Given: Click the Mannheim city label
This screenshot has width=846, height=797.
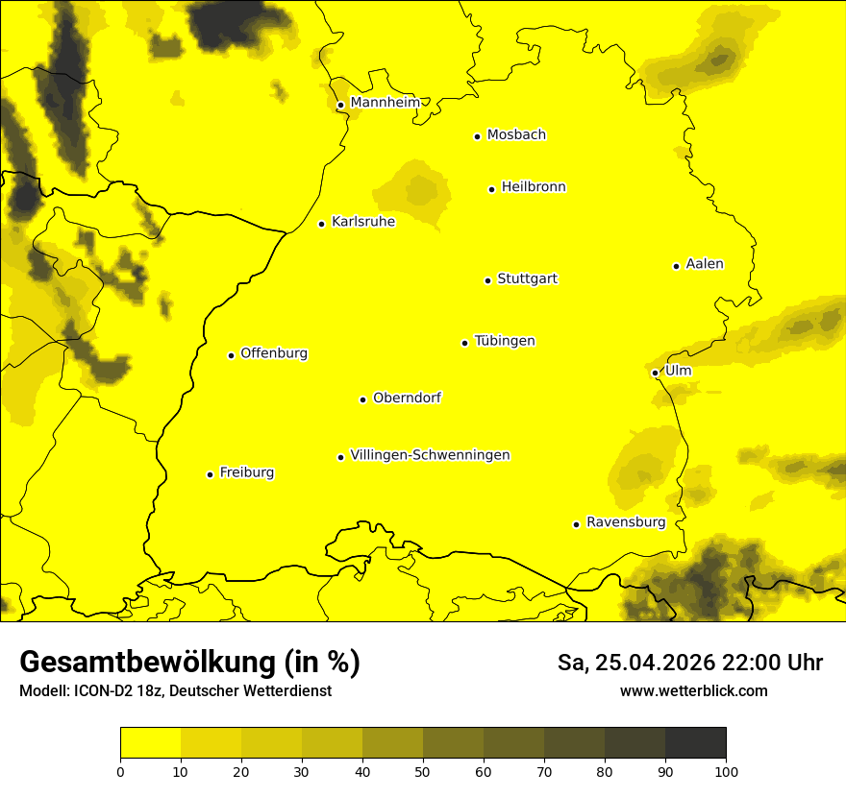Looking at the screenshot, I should pyautogui.click(x=385, y=103).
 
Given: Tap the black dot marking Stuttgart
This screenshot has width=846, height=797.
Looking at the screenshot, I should pyautogui.click(x=487, y=280).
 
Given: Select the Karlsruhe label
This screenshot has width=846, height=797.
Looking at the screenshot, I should pyautogui.click(x=362, y=222).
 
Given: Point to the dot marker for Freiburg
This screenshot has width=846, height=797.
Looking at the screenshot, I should pyautogui.click(x=210, y=474).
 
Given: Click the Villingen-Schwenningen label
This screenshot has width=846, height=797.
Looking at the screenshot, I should pyautogui.click(x=430, y=455).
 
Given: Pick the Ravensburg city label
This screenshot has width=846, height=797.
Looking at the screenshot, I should pyautogui.click(x=625, y=522).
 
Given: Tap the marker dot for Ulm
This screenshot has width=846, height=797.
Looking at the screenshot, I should pyautogui.click(x=655, y=373).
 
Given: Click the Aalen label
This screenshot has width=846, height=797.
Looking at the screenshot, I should pyautogui.click(x=704, y=264).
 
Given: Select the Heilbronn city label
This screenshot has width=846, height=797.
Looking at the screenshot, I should pyautogui.click(x=533, y=187).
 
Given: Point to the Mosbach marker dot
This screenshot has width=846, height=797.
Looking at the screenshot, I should pyautogui.click(x=477, y=136).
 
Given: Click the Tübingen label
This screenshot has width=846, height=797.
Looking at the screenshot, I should pyautogui.click(x=504, y=341).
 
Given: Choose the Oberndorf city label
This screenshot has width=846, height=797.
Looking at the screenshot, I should pyautogui.click(x=407, y=398).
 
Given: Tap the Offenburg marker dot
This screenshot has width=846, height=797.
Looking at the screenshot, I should pyautogui.click(x=231, y=355).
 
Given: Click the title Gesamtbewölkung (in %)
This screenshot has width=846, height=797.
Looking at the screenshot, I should pyautogui.click(x=189, y=663).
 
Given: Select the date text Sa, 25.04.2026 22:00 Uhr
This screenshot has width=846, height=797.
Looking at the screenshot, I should pyautogui.click(x=689, y=663).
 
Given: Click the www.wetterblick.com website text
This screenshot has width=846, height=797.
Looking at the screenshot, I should pyautogui.click(x=693, y=690).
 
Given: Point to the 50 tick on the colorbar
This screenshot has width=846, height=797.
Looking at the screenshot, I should pyautogui.click(x=423, y=771).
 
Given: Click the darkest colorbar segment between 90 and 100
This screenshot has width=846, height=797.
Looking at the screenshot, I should pyautogui.click(x=695, y=742).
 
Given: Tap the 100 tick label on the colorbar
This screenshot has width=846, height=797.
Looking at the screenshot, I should pyautogui.click(x=726, y=771).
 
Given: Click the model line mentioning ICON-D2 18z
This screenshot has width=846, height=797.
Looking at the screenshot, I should pyautogui.click(x=175, y=691).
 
